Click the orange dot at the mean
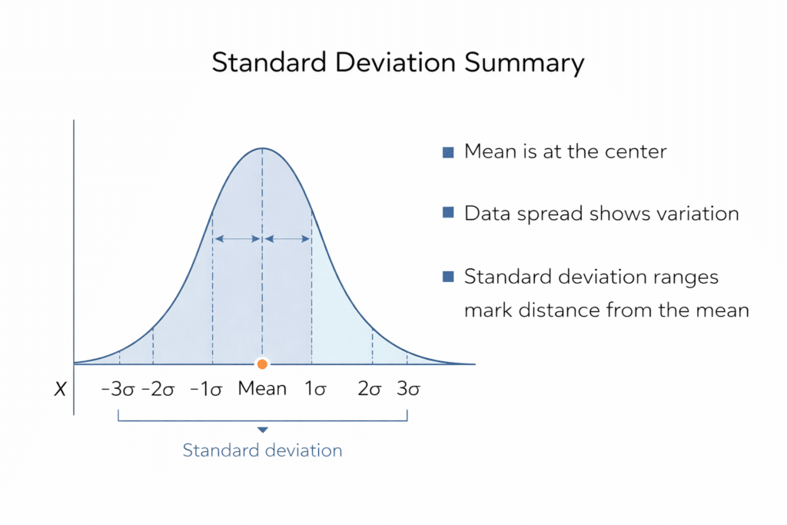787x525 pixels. [x=263, y=364]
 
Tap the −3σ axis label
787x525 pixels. [x=118, y=389]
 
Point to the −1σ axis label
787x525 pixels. [x=206, y=389]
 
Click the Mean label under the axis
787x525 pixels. [x=262, y=388]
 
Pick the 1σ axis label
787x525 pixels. [x=315, y=389]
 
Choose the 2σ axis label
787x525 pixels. [x=370, y=389]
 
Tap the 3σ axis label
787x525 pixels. [x=408, y=389]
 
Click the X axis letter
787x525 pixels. [x=59, y=390]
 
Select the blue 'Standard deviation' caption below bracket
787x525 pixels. [x=262, y=450]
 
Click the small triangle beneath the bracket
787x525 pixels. [x=263, y=430]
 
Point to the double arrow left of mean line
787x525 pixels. [x=237, y=239]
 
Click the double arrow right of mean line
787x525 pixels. [x=287, y=239]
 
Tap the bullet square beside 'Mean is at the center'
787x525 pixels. [x=448, y=152]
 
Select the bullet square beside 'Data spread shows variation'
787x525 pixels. [x=448, y=214]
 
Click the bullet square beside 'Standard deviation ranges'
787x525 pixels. [x=448, y=277]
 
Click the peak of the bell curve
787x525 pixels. [x=263, y=148]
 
